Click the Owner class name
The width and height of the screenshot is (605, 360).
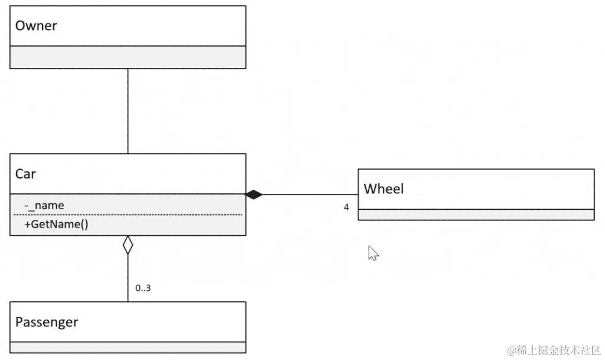pyautogui.click(x=36, y=26)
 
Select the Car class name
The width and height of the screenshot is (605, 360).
pyautogui.click(x=25, y=174)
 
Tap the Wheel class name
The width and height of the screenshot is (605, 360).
pyautogui.click(x=383, y=189)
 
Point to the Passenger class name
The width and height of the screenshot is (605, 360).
pyautogui.click(x=47, y=322)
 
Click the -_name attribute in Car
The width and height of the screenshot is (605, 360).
pyautogui.click(x=45, y=205)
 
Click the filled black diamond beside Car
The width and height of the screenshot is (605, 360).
pyautogui.click(x=254, y=194)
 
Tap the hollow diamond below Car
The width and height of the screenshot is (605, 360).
pyautogui.click(x=128, y=245)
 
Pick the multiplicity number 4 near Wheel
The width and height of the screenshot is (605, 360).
pyautogui.click(x=347, y=207)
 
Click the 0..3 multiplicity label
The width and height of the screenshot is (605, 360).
pyautogui.click(x=143, y=288)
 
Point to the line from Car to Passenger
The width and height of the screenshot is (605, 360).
pyautogui.click(x=128, y=278)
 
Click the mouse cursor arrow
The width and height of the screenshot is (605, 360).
pyautogui.click(x=373, y=253)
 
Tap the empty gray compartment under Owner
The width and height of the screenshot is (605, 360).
pyautogui.click(x=128, y=57)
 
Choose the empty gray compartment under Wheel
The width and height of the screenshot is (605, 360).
pyautogui.click(x=476, y=215)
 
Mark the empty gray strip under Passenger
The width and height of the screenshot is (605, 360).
pyautogui.click(x=128, y=348)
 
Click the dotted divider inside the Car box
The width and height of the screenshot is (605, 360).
pyautogui.click(x=128, y=215)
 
